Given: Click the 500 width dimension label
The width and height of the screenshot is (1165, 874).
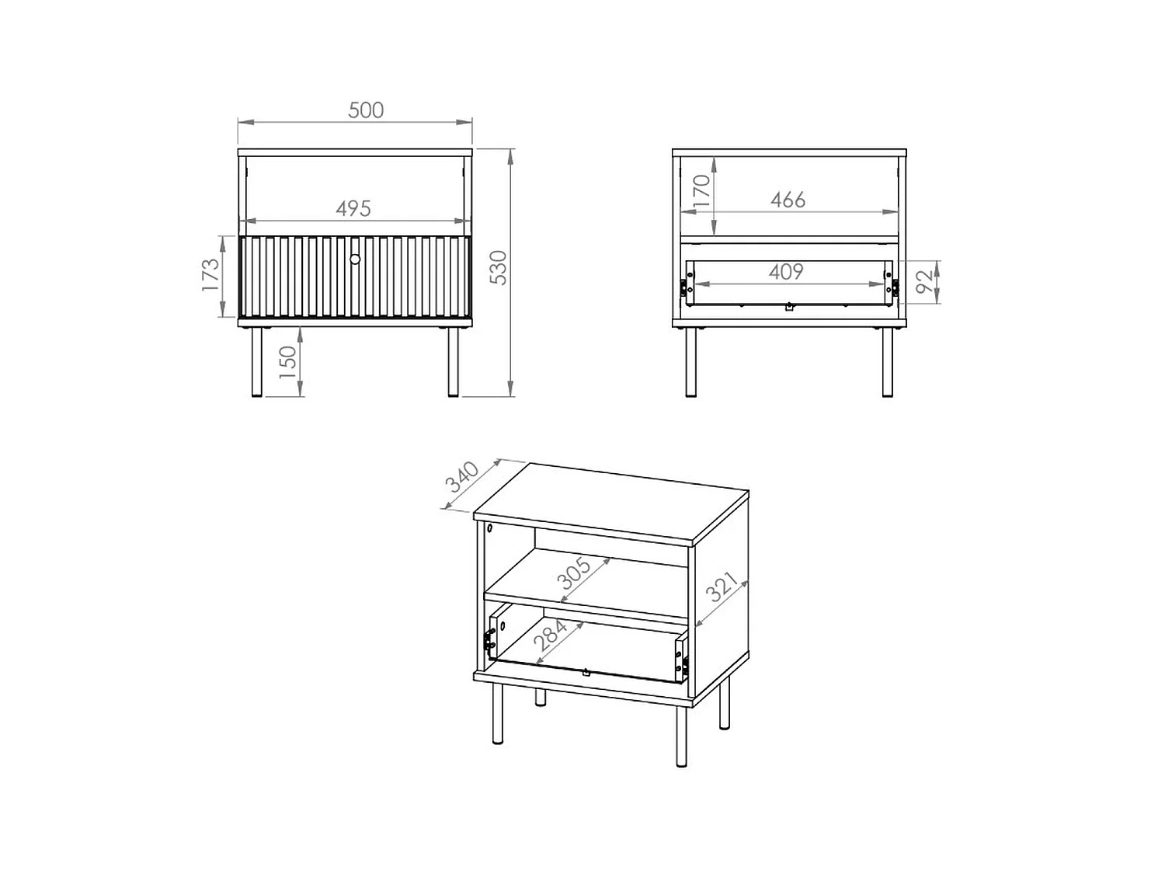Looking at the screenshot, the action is (366, 110).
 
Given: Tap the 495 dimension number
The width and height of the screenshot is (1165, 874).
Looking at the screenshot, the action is (353, 208).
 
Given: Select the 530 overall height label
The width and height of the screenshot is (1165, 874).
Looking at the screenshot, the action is (499, 267).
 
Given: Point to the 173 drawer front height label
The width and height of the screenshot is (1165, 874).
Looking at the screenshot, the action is (210, 274).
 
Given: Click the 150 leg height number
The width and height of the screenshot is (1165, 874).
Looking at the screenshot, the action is (287, 362).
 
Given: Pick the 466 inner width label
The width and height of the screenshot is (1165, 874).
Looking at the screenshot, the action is (788, 200).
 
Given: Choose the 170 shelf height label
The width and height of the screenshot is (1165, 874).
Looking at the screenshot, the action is (701, 191).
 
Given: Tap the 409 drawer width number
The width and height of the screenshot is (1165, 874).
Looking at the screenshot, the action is (786, 272).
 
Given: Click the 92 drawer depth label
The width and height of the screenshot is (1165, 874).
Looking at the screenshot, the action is (924, 281).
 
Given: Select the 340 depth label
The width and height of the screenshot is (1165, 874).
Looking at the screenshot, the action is (461, 477).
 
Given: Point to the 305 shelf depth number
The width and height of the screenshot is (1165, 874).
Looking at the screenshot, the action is (573, 573).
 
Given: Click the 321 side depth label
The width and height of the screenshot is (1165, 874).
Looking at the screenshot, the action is (722, 587).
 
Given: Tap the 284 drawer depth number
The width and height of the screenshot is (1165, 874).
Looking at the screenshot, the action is (550, 635).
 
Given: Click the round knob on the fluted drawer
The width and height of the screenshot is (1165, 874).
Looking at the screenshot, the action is (355, 259).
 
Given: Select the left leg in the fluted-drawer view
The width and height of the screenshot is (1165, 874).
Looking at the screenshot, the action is (257, 363).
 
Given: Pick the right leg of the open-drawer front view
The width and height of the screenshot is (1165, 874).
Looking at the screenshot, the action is (887, 363).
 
